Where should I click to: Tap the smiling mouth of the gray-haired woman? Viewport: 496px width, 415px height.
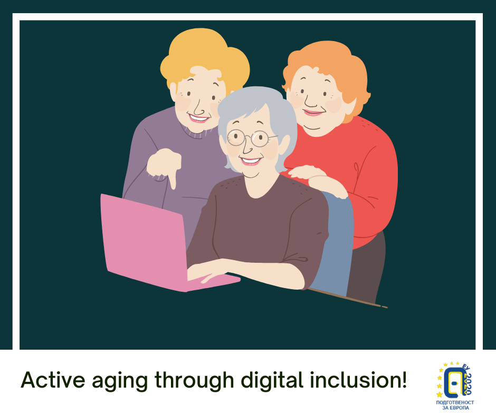(x=251, y=161)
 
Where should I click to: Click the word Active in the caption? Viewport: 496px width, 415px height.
(x=53, y=380)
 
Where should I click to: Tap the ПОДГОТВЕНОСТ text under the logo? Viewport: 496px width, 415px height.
(x=455, y=402)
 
